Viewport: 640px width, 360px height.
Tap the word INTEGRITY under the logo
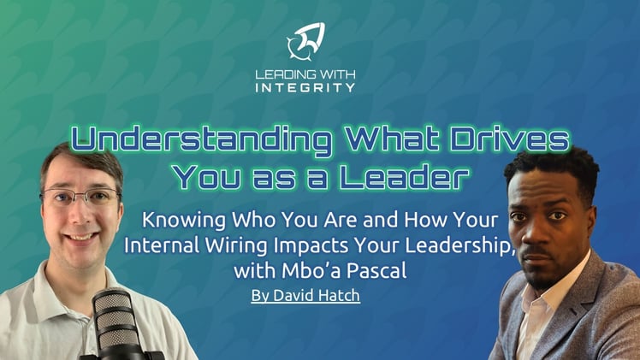tap(305, 87)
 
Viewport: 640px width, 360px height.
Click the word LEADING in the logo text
tap(283, 74)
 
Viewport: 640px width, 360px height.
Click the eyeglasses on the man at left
tap(80, 198)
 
